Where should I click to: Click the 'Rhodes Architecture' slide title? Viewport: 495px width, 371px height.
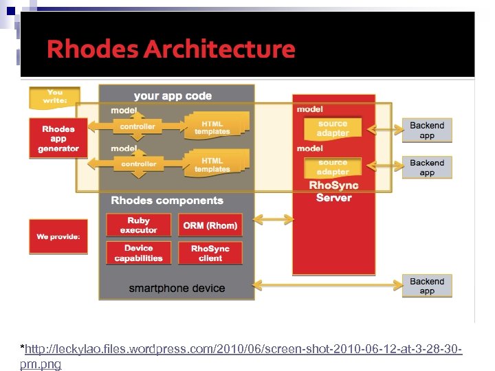click(170, 49)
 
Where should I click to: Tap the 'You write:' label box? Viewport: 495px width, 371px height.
click(55, 97)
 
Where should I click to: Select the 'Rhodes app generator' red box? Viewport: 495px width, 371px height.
click(58, 139)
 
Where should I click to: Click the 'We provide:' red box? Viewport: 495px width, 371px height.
click(58, 236)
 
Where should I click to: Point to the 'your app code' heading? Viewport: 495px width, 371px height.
click(173, 96)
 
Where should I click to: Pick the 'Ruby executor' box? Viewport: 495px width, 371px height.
click(138, 225)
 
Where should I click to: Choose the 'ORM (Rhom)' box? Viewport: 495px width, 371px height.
click(210, 225)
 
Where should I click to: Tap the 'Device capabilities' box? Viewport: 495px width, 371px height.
click(138, 253)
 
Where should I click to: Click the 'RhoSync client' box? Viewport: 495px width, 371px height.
click(210, 253)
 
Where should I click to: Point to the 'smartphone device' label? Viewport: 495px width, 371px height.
click(177, 288)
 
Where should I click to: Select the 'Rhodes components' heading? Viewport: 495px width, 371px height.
click(167, 201)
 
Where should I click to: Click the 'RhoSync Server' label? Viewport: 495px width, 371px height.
click(333, 192)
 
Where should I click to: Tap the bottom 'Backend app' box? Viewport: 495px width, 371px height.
click(427, 286)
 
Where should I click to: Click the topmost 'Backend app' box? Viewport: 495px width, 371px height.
click(427, 130)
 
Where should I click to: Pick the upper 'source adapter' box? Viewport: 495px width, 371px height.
click(333, 128)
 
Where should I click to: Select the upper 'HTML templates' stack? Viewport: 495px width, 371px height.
click(212, 126)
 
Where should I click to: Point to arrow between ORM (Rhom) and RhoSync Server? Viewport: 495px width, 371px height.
click(274, 220)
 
